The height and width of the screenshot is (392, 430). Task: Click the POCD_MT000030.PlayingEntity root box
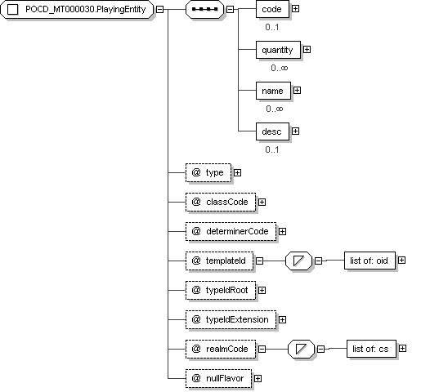(x=77, y=9)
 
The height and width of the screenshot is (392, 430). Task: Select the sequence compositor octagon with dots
(x=204, y=9)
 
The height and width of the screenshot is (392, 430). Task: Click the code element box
(x=272, y=9)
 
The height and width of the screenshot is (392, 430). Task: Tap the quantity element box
(x=278, y=50)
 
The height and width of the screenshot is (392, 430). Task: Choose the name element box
(x=273, y=91)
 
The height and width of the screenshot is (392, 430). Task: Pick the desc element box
(x=272, y=131)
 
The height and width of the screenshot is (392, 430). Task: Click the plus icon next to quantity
(x=307, y=50)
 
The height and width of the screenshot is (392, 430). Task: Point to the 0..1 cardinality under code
(x=272, y=27)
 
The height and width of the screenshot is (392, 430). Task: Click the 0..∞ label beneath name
(x=274, y=109)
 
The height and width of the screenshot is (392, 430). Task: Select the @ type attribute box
(x=208, y=172)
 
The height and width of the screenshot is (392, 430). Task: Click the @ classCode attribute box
(x=221, y=203)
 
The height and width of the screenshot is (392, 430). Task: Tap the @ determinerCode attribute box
(x=231, y=231)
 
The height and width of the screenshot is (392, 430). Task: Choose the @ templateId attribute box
(x=219, y=261)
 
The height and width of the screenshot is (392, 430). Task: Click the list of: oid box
(x=370, y=261)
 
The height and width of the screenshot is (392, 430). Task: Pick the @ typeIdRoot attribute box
(x=221, y=290)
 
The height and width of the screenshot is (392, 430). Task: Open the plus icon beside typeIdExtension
(x=282, y=319)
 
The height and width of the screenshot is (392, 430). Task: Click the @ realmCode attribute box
(x=221, y=349)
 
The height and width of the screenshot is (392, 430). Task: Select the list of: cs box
(x=371, y=349)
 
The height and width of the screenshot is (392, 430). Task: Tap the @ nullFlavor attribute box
(x=218, y=379)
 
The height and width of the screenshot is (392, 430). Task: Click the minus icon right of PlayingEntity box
(x=160, y=9)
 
